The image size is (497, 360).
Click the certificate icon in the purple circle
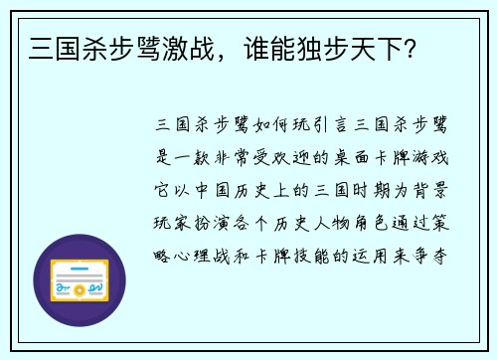point(80,281)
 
